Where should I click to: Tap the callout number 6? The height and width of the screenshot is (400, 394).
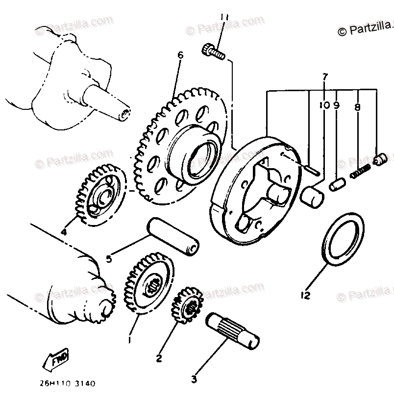(x=180, y=55)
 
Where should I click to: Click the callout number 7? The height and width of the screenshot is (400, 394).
(x=324, y=76)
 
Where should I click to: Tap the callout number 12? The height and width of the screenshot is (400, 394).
(x=306, y=296)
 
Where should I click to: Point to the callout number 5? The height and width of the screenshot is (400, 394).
(x=109, y=258)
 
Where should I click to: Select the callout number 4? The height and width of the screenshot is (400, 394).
(x=63, y=232)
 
